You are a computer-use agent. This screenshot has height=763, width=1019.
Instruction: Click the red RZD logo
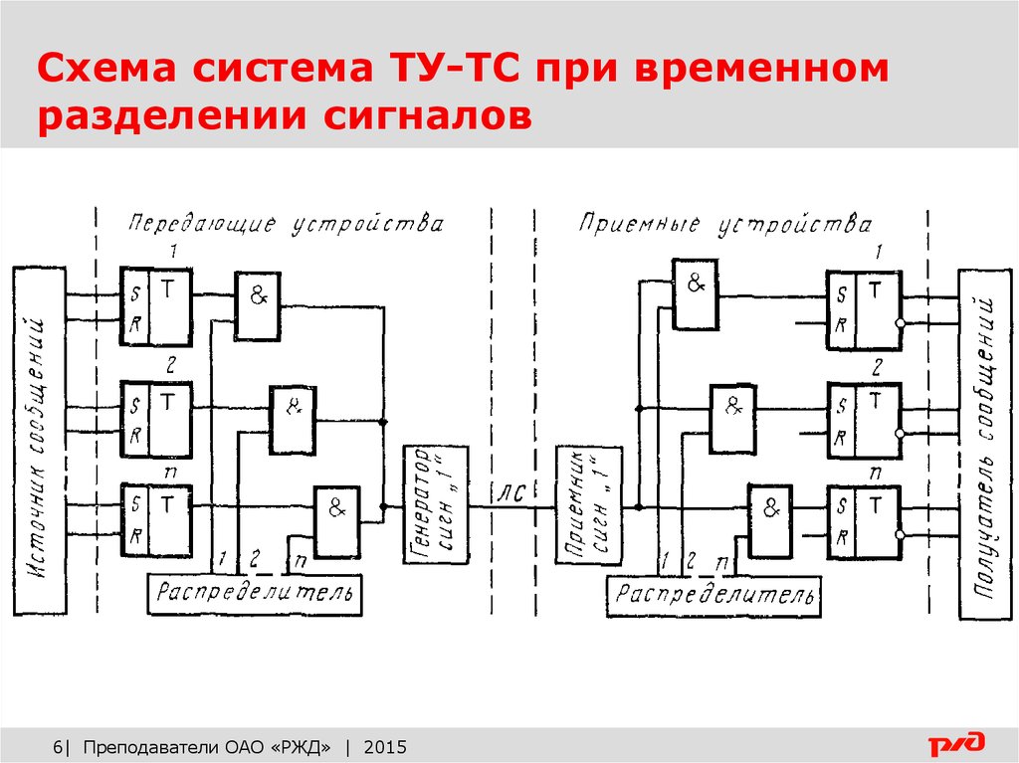point(956,743)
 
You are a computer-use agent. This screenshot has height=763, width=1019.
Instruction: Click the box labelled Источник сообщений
point(40,438)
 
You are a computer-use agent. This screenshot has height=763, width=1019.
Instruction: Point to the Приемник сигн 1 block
point(587,506)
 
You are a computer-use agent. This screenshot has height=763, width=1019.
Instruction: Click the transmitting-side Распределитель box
point(255,595)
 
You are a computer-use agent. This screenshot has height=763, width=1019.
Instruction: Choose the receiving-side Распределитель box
point(713,596)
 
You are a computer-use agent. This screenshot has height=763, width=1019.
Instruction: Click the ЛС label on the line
point(508,491)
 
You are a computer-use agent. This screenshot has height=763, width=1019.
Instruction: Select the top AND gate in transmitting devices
point(258,294)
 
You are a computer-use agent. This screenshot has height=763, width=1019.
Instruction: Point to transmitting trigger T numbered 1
point(156,306)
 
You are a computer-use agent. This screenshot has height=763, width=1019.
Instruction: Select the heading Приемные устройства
point(725,224)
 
